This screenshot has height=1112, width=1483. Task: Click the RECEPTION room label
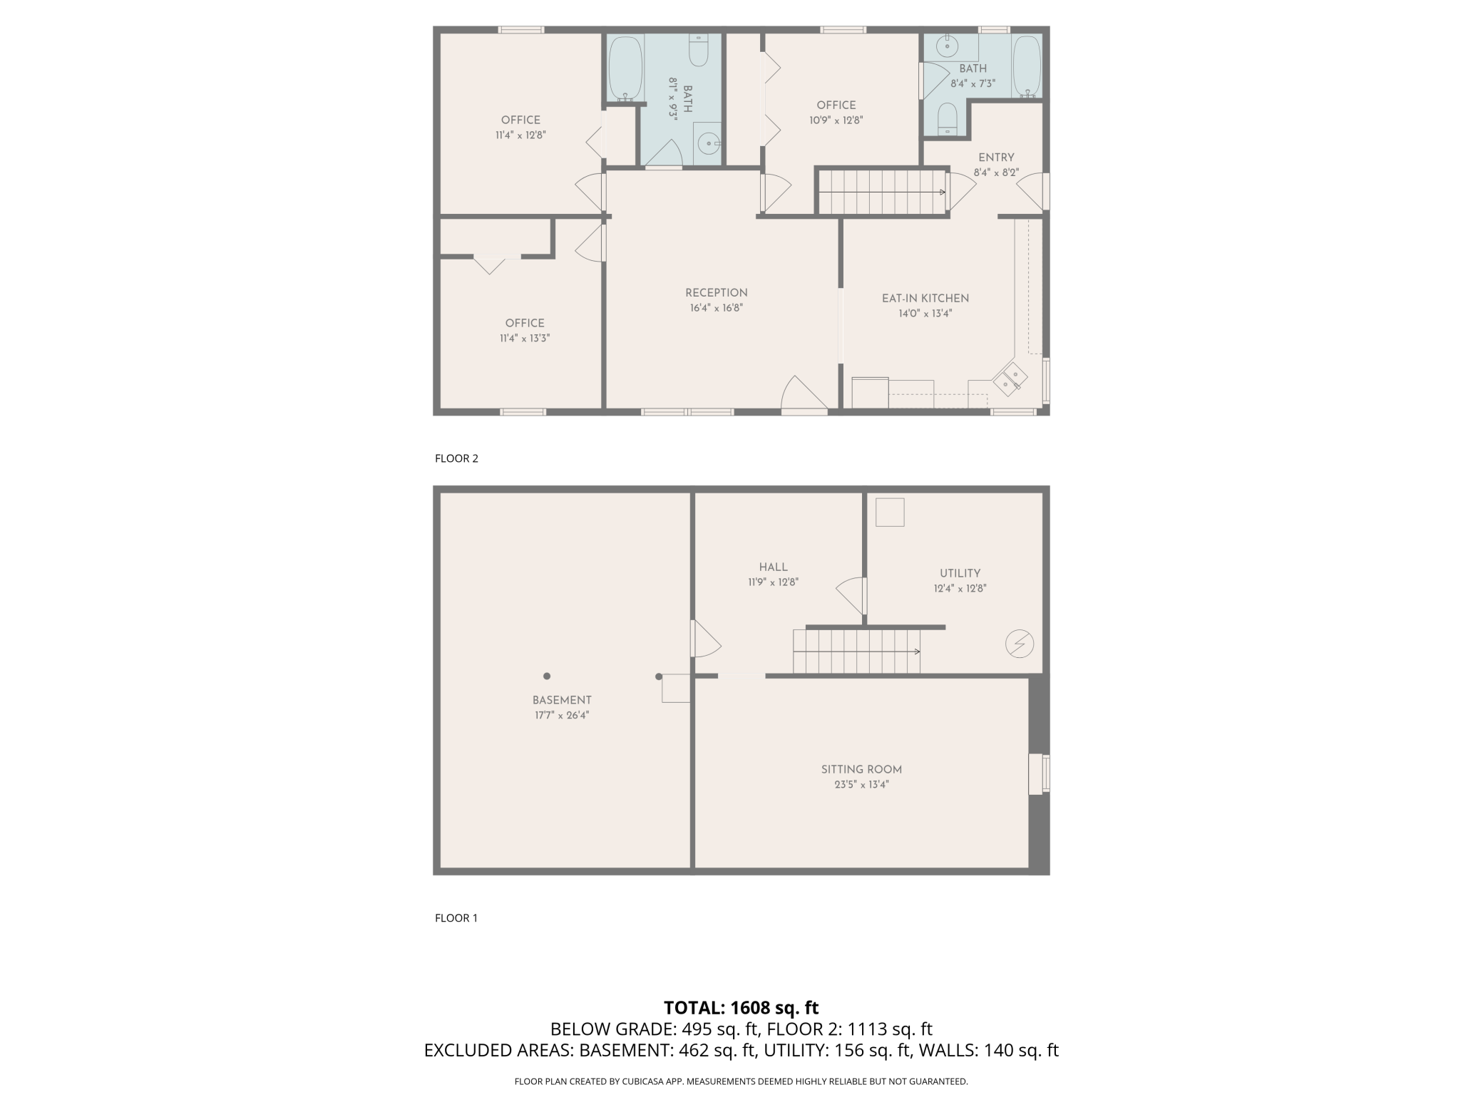click(716, 293)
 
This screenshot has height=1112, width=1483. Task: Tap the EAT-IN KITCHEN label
click(925, 299)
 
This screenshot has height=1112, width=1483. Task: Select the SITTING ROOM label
click(861, 770)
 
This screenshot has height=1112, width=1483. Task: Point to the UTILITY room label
click(960, 573)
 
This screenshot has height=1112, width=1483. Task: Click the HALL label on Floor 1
click(773, 567)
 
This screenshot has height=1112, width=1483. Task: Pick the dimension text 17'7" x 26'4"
click(562, 715)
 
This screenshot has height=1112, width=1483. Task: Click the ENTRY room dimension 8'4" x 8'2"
click(996, 173)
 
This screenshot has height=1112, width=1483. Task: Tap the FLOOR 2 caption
click(456, 458)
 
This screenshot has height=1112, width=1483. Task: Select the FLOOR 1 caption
click(456, 918)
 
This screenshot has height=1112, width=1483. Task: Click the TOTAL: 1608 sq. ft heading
click(741, 1007)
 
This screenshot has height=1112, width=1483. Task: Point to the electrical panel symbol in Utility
click(1019, 644)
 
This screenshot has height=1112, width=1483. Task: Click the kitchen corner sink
click(1010, 379)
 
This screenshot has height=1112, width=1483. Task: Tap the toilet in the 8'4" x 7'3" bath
click(947, 118)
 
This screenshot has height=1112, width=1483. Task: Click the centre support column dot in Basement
click(547, 676)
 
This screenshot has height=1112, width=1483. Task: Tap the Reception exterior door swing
click(803, 395)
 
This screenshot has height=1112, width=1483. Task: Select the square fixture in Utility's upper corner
click(889, 512)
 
